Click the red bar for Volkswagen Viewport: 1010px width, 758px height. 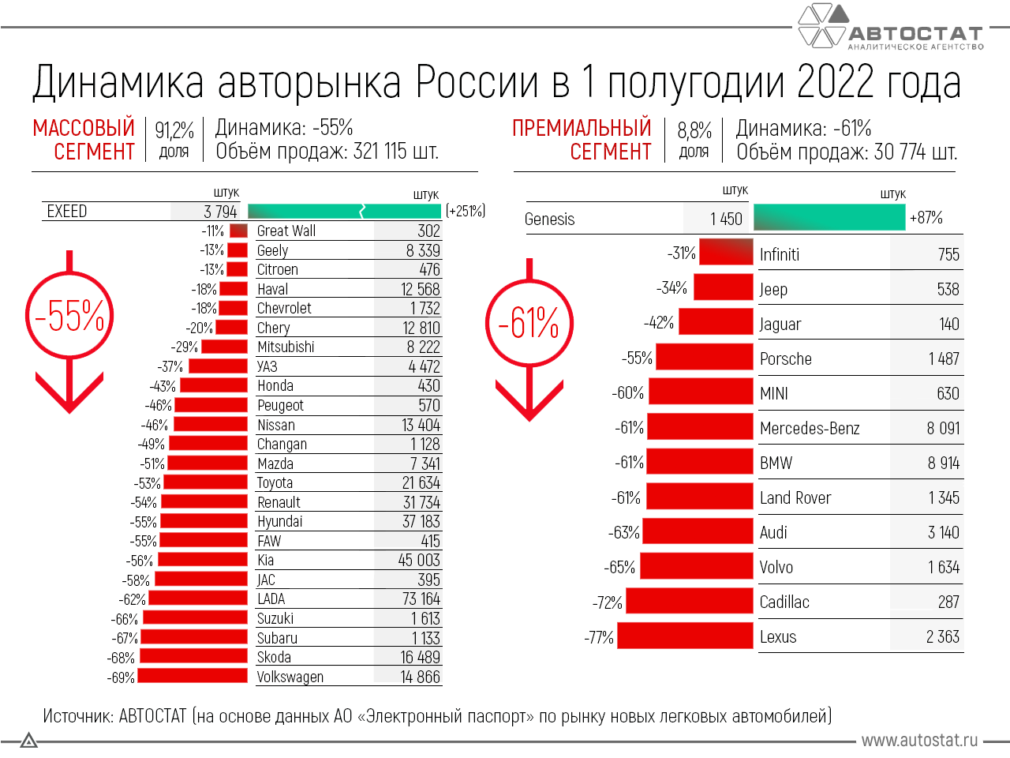click(x=193, y=677)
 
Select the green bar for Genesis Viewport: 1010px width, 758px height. click(x=829, y=218)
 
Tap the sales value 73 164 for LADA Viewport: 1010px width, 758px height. click(x=421, y=599)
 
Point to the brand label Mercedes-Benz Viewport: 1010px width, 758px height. click(x=810, y=429)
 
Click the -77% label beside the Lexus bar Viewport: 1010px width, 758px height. click(x=599, y=637)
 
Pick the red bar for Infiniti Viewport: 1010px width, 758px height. click(x=726, y=253)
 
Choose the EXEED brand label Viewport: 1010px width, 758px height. click(x=67, y=212)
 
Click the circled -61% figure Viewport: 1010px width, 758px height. click(x=529, y=323)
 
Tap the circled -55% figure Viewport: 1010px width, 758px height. click(x=69, y=316)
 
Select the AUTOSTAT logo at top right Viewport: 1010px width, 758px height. click(x=892, y=28)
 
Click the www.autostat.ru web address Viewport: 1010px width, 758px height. click(x=919, y=741)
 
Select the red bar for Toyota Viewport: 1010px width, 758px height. click(x=205, y=482)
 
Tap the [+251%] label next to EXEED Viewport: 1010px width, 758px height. click(x=466, y=211)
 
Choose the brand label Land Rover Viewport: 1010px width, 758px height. click(x=795, y=498)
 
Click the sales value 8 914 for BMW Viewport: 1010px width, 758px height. click(x=943, y=463)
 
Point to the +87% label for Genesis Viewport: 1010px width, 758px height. click(x=926, y=218)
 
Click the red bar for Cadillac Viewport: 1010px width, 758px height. click(x=690, y=602)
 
